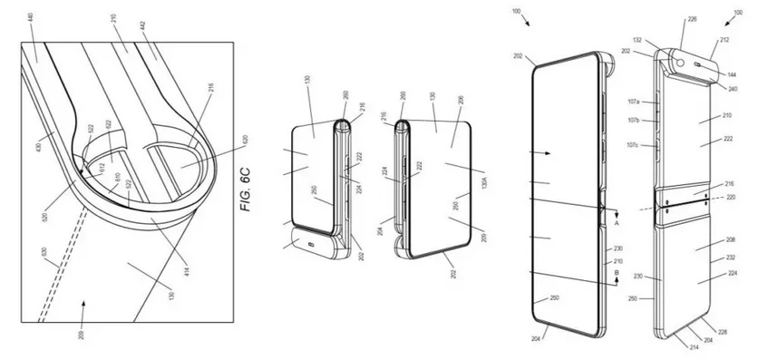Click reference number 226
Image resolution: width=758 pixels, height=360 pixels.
tap(693, 18)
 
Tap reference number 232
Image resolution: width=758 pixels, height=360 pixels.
tap(730, 258)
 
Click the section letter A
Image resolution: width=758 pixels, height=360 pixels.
tap(617, 221)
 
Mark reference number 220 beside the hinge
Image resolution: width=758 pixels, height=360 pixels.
tap(730, 197)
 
